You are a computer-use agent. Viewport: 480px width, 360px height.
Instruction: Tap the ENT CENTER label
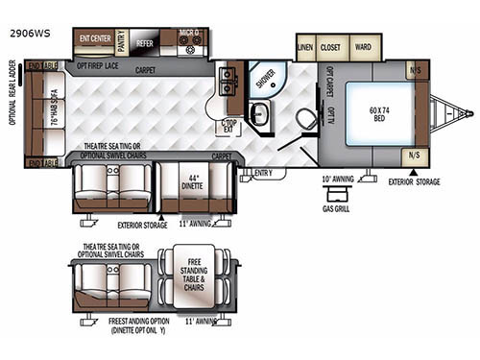click(x=94, y=40)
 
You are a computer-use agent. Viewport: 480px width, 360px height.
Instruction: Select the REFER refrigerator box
click(x=145, y=44)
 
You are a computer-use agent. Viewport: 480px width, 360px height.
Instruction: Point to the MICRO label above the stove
click(x=190, y=35)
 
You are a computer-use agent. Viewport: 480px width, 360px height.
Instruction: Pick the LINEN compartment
click(x=306, y=46)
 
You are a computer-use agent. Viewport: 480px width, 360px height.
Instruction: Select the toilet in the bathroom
click(x=304, y=119)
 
